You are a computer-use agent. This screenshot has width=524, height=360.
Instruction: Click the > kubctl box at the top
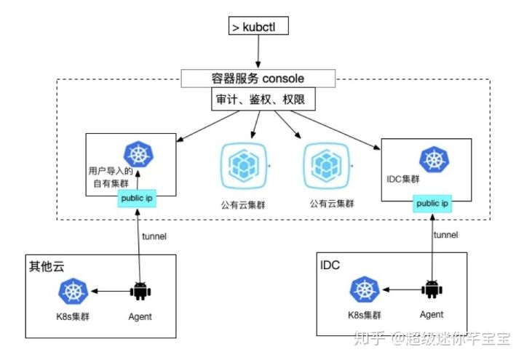258,28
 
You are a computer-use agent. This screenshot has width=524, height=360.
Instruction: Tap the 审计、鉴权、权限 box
263,99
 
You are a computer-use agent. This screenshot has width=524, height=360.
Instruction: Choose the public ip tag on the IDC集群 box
432,203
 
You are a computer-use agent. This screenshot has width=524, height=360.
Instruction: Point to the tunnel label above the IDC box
445,235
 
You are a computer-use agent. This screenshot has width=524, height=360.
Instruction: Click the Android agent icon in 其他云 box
139,292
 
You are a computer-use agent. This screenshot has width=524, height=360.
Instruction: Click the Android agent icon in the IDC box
432,289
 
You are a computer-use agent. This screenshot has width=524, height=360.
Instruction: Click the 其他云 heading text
47,266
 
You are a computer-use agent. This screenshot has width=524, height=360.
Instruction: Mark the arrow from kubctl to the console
258,52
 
